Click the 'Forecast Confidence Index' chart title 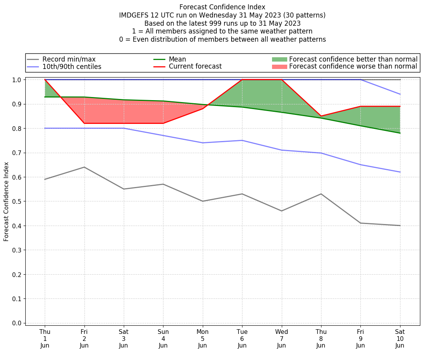pyautogui.click(x=222, y=7)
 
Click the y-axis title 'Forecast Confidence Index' pyautogui.click(x=6, y=201)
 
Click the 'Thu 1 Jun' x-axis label pyautogui.click(x=45, y=338)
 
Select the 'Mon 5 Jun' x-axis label pyautogui.click(x=203, y=338)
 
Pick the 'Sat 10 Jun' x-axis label pyautogui.click(x=400, y=338)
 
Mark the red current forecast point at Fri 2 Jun pyautogui.click(x=84, y=124)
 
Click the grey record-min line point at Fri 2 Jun pyautogui.click(x=84, y=167)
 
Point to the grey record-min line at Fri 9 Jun pyautogui.click(x=360, y=223)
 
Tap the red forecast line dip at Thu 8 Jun pyautogui.click(x=321, y=116)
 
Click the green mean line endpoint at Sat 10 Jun pyautogui.click(x=400, y=133)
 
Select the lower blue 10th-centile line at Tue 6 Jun pyautogui.click(x=242, y=140)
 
